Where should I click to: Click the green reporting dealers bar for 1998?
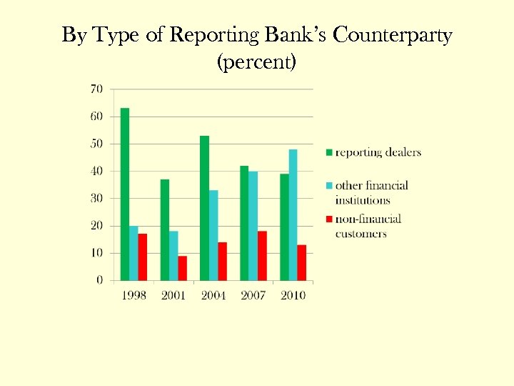125,194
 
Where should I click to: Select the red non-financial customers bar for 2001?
182,268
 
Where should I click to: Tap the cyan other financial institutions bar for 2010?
293,214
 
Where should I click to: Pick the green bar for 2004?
205,207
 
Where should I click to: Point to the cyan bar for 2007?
253,225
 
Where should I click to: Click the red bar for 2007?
262,255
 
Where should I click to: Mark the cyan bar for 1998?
133,253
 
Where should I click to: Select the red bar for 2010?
302,262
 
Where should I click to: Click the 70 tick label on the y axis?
96,89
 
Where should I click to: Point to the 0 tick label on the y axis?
99,280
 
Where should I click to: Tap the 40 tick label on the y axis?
96,171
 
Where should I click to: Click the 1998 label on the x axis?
133,295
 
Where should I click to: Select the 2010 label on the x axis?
293,295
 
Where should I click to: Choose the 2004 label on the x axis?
213,295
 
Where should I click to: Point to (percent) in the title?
256,62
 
